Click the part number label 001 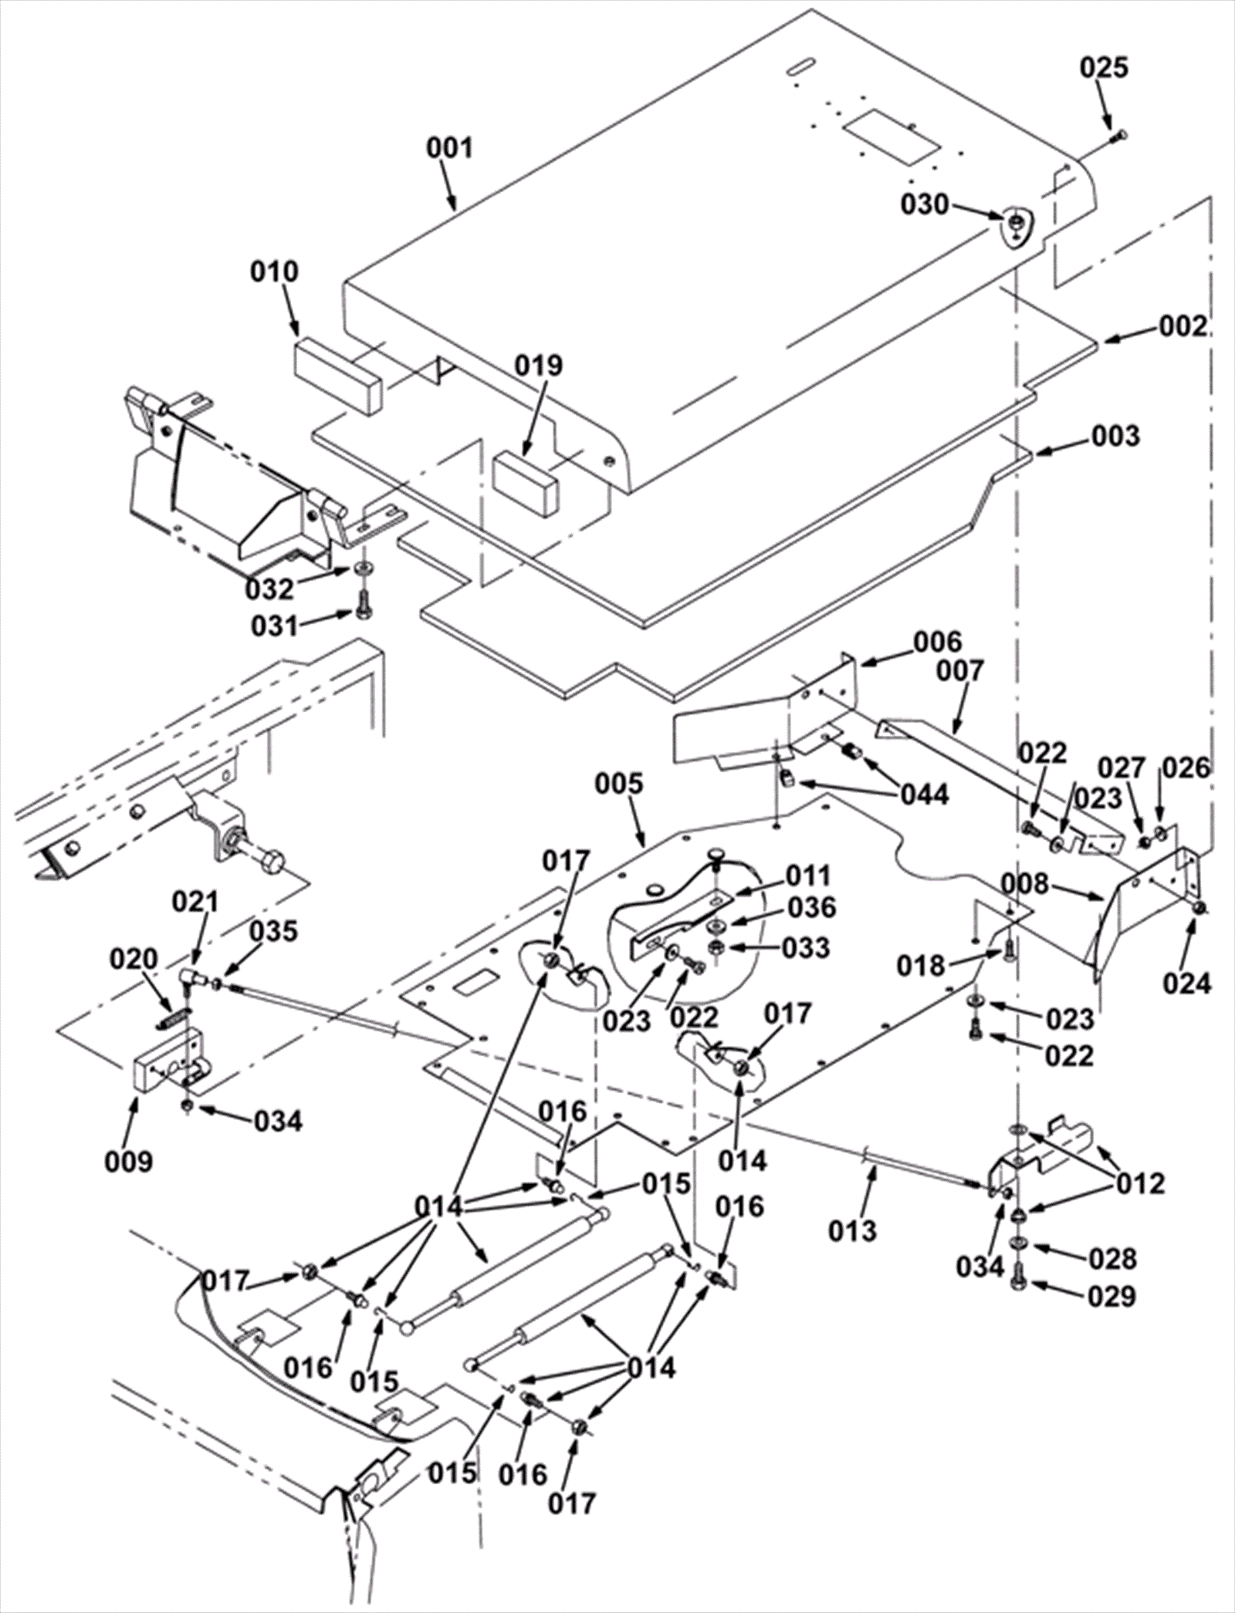450,147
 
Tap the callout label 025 1104,68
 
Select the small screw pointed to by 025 1119,136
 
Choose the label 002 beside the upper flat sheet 1182,326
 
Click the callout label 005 618,784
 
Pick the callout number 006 939,641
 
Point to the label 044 924,795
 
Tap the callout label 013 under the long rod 853,1230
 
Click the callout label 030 925,204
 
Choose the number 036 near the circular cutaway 811,907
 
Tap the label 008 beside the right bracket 1027,883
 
